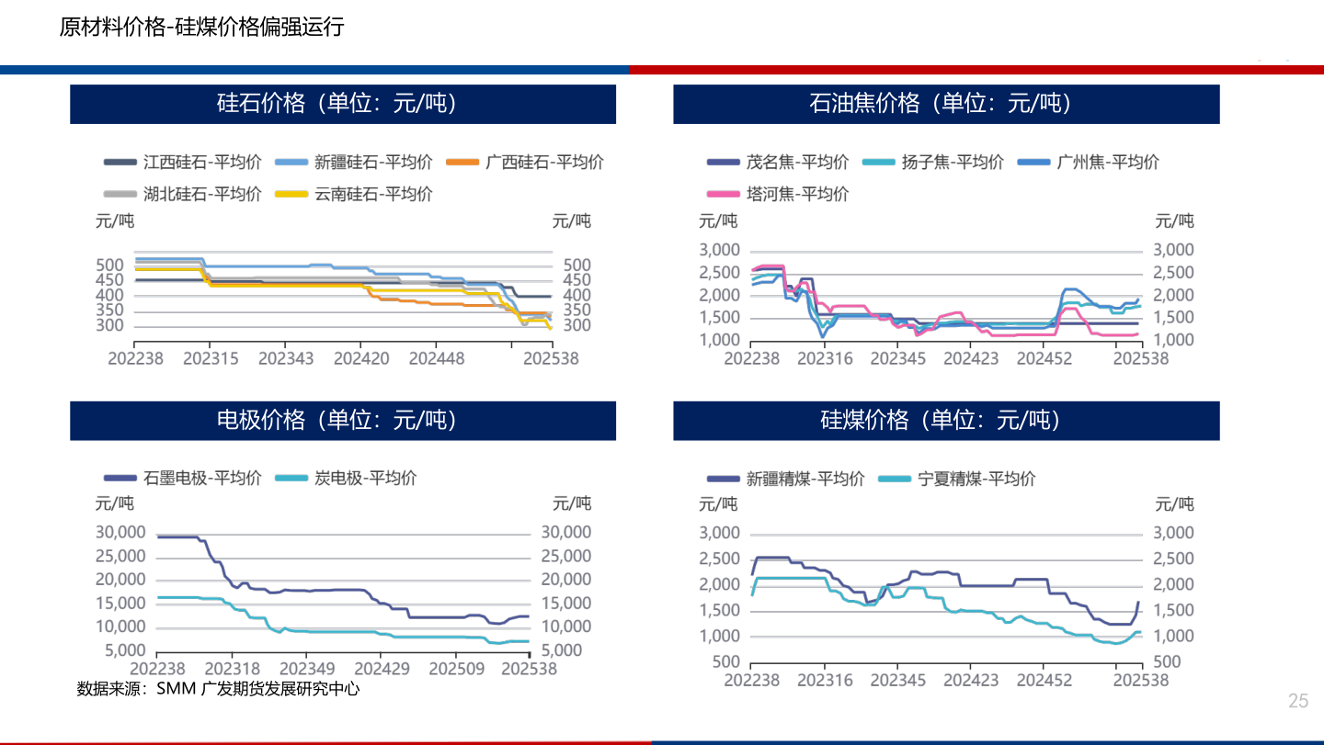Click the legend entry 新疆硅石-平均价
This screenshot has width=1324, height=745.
(x=372, y=163)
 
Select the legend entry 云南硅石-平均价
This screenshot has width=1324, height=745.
(x=373, y=194)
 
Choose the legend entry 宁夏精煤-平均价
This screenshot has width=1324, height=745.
(x=976, y=479)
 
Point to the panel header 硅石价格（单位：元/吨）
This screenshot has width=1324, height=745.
(x=343, y=104)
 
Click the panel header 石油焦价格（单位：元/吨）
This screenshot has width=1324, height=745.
(x=946, y=104)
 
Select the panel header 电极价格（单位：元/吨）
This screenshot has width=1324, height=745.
(x=343, y=421)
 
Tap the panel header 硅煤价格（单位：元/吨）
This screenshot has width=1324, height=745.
(x=946, y=421)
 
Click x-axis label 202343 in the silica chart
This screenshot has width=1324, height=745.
(x=285, y=358)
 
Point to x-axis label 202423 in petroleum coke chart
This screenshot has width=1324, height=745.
(x=971, y=358)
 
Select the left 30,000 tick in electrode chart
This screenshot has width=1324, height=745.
(x=120, y=532)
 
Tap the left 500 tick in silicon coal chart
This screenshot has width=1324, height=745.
(x=726, y=662)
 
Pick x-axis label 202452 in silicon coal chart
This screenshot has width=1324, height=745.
(x=1044, y=681)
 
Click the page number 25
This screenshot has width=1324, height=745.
(x=1297, y=701)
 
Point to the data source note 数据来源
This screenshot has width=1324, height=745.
(x=218, y=688)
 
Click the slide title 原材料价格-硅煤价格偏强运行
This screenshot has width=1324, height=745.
(x=201, y=28)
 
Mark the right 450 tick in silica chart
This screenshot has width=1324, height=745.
(x=576, y=280)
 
